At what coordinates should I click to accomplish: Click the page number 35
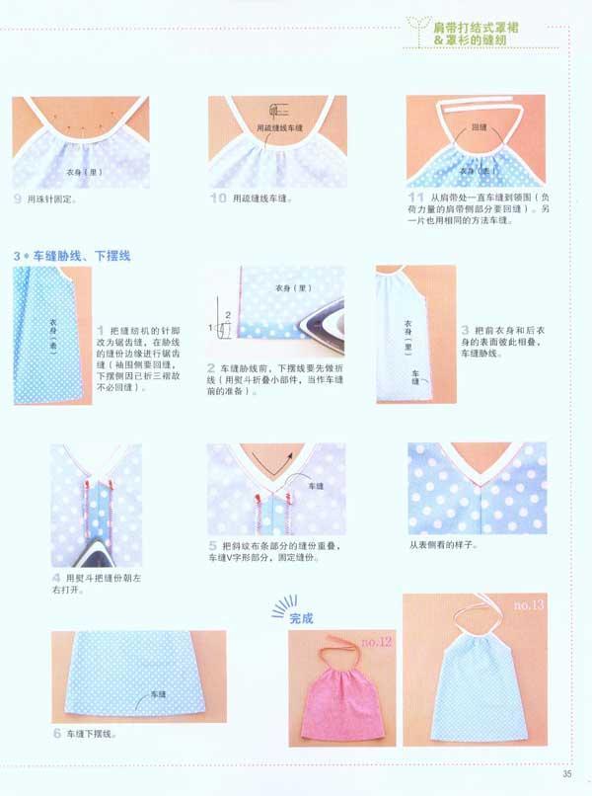coord(567,773)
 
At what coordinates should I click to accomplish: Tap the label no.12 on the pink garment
coord(377,643)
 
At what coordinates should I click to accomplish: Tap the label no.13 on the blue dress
coord(529,604)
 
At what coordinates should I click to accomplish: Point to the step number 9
coord(18,199)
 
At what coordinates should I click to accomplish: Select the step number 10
coord(219,199)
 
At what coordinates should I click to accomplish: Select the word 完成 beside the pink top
coord(300,619)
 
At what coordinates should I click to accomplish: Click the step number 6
coord(57,734)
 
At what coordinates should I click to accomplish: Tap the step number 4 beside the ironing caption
coord(55,578)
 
